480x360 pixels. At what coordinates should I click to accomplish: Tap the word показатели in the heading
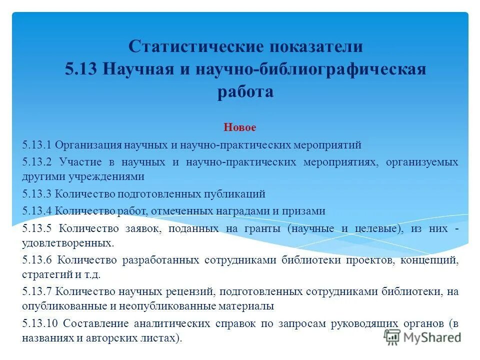316,47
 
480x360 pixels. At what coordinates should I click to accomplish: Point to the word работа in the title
245,92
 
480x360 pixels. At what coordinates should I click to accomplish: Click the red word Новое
239,127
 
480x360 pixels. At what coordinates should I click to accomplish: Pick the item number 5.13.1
37,145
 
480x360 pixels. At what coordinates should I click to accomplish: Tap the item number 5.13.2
37,162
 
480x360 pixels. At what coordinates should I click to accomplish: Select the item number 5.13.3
37,194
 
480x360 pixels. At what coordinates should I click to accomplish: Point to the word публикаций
237,194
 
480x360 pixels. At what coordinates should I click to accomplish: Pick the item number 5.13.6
37,260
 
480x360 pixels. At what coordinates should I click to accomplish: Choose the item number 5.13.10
40,323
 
